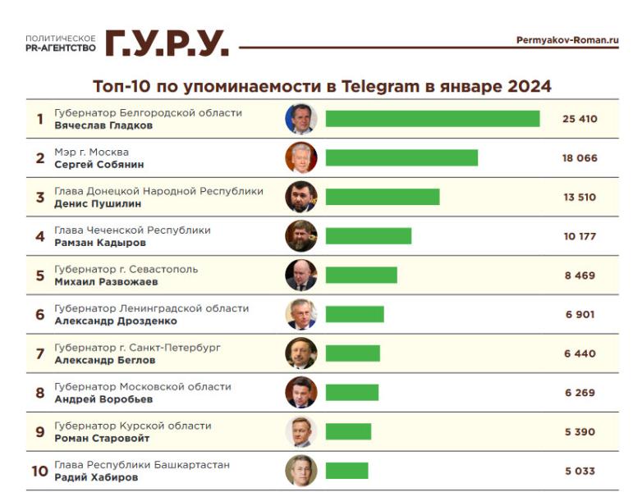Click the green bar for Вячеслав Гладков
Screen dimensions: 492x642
(x=432, y=119)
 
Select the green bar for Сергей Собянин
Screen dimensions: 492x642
(x=401, y=157)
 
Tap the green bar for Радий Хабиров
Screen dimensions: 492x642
(x=346, y=471)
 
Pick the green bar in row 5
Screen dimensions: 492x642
(x=361, y=276)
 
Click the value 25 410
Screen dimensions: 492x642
(x=580, y=119)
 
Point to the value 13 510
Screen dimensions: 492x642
(x=580, y=198)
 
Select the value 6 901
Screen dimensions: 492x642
(x=580, y=315)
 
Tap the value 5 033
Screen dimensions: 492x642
(x=580, y=471)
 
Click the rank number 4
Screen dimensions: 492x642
(x=39, y=237)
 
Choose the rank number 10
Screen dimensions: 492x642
(x=39, y=471)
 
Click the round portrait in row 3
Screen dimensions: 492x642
(x=301, y=197)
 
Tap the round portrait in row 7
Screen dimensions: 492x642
(x=301, y=353)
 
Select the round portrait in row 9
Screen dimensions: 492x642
(x=301, y=431)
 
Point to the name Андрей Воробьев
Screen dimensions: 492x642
(x=103, y=400)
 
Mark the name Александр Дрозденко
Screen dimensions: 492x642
(x=115, y=321)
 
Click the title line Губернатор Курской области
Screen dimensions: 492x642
(x=132, y=426)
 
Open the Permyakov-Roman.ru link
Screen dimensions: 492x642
(x=567, y=40)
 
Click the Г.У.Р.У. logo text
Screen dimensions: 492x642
(x=167, y=43)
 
